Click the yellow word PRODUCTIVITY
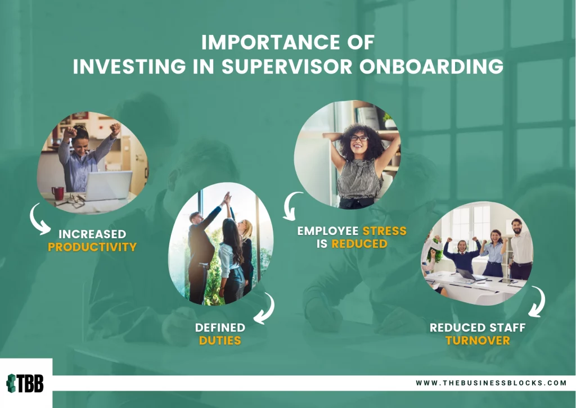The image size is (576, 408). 92,247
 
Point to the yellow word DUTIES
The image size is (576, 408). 220,341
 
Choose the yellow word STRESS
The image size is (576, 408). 385,231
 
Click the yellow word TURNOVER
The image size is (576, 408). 478,341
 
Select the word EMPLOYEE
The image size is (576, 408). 328,231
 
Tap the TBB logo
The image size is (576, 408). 25,383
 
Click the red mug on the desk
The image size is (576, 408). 58,193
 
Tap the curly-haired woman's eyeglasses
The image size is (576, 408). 359,138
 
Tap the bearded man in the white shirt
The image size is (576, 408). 521,250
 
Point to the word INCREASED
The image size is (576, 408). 92,234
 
